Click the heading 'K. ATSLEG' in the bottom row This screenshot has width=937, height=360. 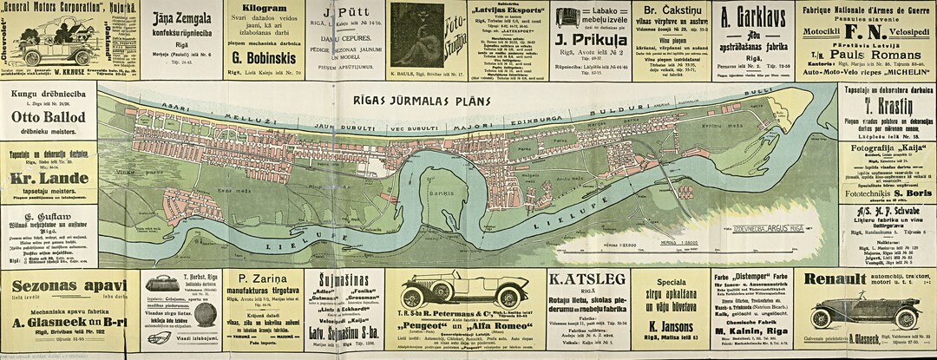[586, 279]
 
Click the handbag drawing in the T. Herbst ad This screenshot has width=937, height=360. [161, 284]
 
